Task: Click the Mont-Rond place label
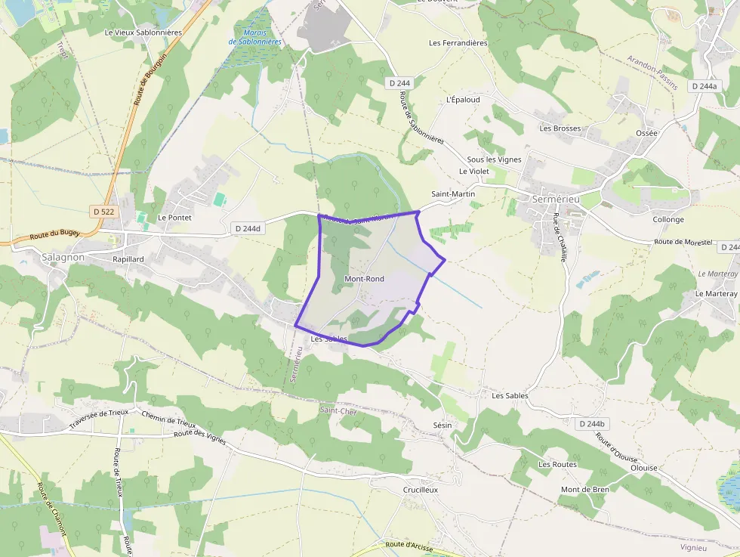(364, 279)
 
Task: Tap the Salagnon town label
(63, 257)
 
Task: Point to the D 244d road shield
(248, 227)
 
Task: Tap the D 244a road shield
(704, 86)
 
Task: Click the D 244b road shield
(592, 424)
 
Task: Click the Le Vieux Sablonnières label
(143, 32)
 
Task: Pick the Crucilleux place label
(421, 489)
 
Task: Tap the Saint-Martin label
(453, 194)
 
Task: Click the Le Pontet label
(174, 217)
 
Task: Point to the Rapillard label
(128, 258)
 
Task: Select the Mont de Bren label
(584, 489)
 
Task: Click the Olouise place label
(643, 468)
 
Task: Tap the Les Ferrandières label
(458, 43)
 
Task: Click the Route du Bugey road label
(54, 236)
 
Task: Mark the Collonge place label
(668, 220)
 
